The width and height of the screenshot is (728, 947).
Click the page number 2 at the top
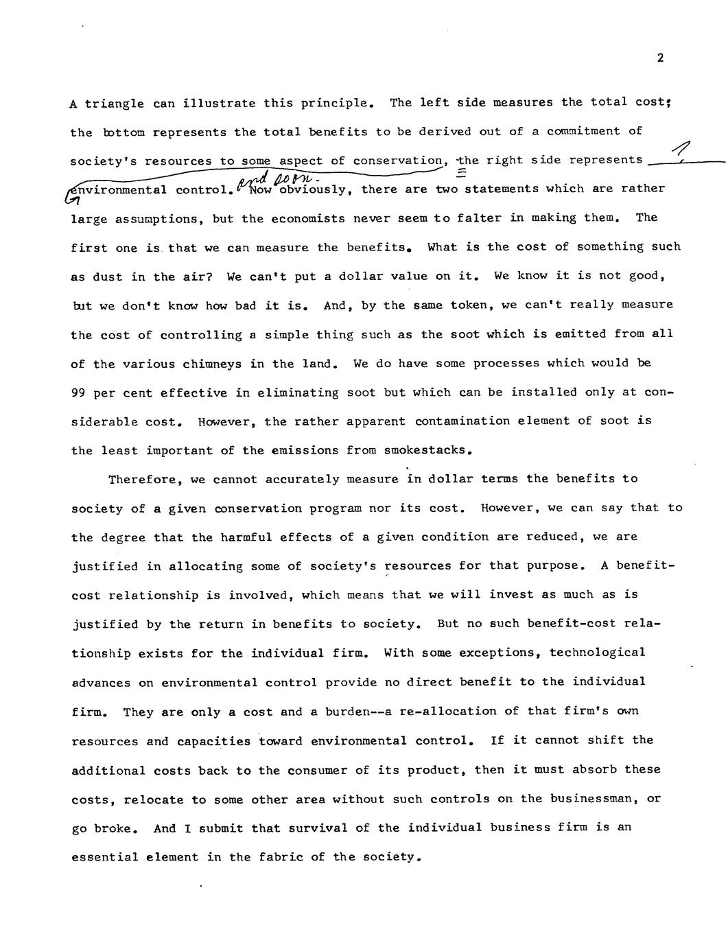(x=660, y=58)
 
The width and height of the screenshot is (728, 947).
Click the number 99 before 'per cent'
(x=78, y=393)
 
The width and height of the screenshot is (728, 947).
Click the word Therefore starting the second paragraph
(x=141, y=480)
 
